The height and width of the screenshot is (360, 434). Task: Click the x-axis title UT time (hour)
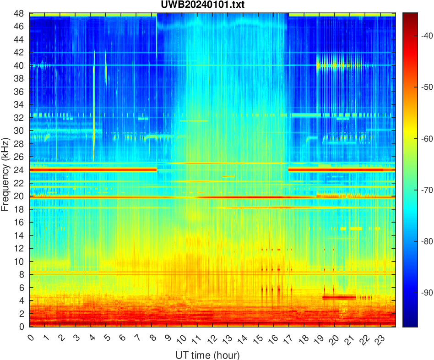coord(207,355)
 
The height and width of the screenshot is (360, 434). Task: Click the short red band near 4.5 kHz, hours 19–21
coord(339,297)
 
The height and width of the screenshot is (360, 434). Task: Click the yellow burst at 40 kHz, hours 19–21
coord(339,65)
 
